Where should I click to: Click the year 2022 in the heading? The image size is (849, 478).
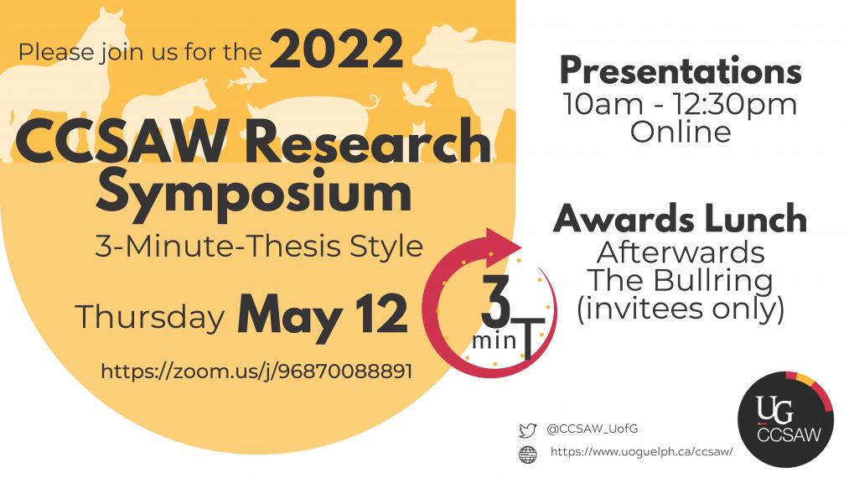tap(337, 49)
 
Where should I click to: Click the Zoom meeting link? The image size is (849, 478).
tap(256, 371)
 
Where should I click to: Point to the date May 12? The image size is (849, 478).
tap(322, 314)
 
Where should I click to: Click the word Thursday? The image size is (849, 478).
tap(150, 316)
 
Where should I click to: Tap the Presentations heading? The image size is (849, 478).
tap(681, 71)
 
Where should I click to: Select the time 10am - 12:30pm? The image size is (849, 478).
tap(680, 104)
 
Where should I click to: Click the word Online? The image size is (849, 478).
tap(681, 132)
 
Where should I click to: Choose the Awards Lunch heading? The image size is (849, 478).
tap(680, 219)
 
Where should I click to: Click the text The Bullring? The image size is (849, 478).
tap(680, 280)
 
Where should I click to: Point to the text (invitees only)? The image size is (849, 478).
tap(680, 309)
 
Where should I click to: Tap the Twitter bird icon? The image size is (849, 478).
tap(527, 430)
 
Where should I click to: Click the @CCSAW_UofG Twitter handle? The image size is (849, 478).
tap(593, 429)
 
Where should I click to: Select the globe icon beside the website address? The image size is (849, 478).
tap(528, 455)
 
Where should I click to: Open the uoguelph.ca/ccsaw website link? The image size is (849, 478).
tap(642, 451)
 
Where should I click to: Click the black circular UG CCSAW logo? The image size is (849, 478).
tap(785, 419)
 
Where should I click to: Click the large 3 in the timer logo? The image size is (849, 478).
tap(495, 301)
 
